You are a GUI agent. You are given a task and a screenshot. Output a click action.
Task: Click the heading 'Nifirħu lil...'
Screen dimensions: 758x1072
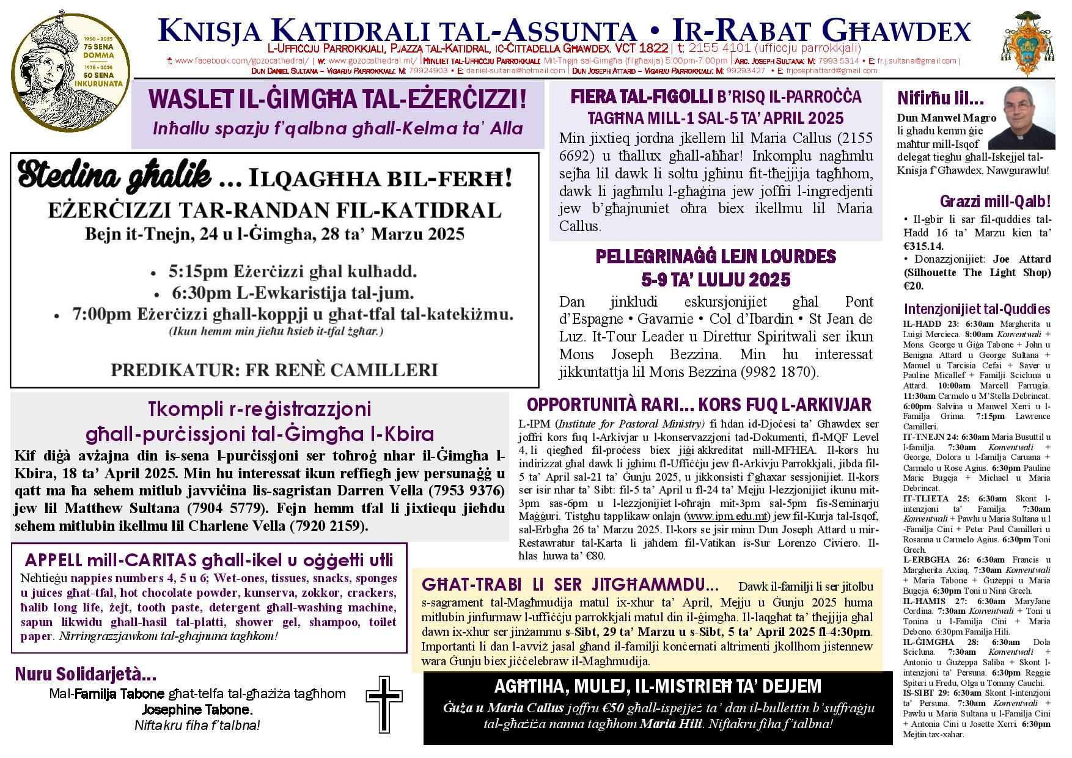pos(940,98)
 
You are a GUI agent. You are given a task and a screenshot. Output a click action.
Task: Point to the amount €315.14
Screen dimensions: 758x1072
pos(923,246)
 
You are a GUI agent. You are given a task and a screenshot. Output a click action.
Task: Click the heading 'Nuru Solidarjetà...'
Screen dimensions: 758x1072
pos(86,675)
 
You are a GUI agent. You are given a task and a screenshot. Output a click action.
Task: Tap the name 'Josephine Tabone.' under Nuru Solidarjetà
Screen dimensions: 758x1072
pos(197,710)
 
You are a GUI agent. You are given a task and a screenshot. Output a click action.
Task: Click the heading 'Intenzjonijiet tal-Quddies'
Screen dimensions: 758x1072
pos(977,309)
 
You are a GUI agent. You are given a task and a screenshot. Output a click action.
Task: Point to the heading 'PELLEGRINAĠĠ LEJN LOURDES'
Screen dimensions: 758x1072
pos(716,257)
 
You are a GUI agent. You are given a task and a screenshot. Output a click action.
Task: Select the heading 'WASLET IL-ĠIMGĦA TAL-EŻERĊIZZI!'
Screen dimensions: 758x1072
pos(337,100)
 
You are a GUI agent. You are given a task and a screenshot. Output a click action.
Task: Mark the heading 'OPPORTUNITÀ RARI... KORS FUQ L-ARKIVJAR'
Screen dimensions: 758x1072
pos(699,404)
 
